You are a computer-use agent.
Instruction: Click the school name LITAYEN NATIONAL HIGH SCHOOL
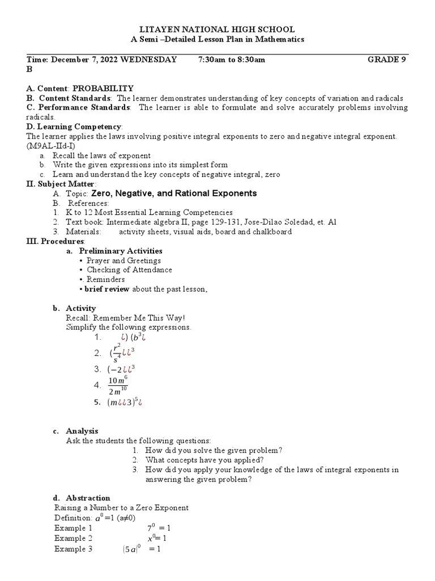pyautogui.click(x=217, y=30)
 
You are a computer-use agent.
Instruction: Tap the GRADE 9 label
pyautogui.click(x=387, y=59)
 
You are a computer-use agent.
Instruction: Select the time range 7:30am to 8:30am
pyautogui.click(x=232, y=59)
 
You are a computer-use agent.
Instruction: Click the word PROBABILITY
pyautogui.click(x=103, y=88)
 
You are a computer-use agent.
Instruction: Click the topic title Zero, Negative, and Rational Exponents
pyautogui.click(x=174, y=193)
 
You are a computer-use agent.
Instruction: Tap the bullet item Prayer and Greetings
pyautogui.click(x=123, y=260)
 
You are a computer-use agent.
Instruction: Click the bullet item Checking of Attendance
pyautogui.click(x=129, y=270)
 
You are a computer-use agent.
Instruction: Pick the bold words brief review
pyautogui.click(x=107, y=289)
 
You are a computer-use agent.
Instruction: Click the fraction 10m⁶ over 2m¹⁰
pyautogui.click(x=118, y=385)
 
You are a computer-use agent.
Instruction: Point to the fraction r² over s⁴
pyautogui.click(x=117, y=353)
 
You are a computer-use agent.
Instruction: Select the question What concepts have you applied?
pyautogui.click(x=204, y=460)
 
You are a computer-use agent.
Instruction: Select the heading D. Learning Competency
pyautogui.click(x=74, y=127)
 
